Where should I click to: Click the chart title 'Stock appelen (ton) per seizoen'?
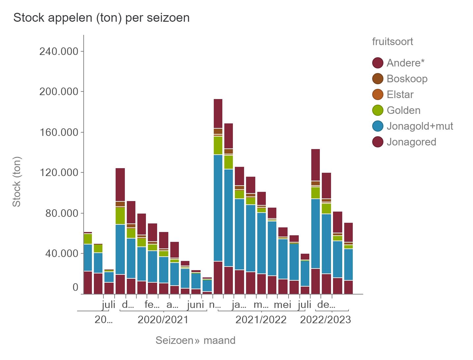click(101, 18)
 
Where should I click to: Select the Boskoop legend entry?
click(407, 79)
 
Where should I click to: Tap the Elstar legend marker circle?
click(378, 94)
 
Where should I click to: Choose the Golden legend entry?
click(403, 110)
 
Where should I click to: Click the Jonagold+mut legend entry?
click(420, 126)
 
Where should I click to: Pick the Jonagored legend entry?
click(411, 142)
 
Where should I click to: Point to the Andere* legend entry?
click(405, 63)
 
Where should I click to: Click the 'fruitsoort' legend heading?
click(392, 42)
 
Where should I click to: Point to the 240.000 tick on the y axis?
click(59, 51)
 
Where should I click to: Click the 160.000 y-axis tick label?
click(59, 132)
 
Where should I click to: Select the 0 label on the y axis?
click(75, 287)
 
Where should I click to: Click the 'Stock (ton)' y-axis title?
click(16, 182)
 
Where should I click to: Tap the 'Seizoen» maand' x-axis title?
click(195, 340)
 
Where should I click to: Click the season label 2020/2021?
click(163, 320)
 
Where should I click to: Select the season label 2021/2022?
click(261, 320)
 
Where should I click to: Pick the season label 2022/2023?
click(325, 320)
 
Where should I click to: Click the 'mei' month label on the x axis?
click(282, 305)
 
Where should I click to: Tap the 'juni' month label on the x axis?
click(195, 305)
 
